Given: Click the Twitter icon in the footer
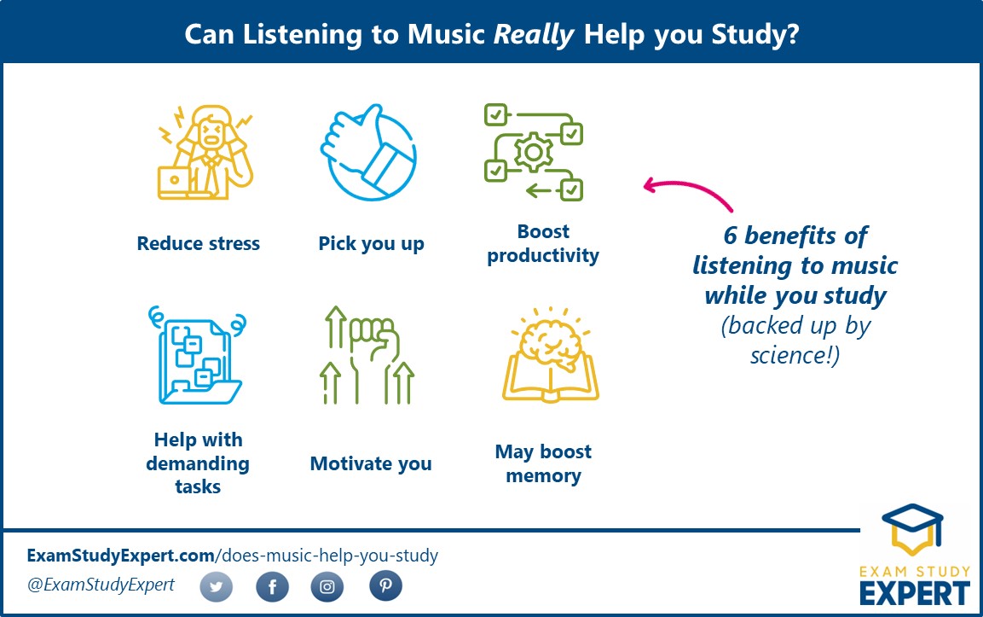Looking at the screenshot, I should (x=217, y=587).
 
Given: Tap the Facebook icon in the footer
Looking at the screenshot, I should (x=273, y=587).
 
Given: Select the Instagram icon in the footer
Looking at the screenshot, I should (x=327, y=587).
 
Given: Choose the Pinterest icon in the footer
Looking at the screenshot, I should (x=385, y=586).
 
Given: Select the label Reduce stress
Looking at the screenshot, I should (x=198, y=244).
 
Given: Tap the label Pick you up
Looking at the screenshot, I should (x=371, y=244).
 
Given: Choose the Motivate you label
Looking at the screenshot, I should (x=371, y=464).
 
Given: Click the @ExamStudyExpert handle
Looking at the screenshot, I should (x=101, y=585).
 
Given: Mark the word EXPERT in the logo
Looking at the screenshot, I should (x=914, y=591).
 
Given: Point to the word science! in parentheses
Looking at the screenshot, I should (x=795, y=355).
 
